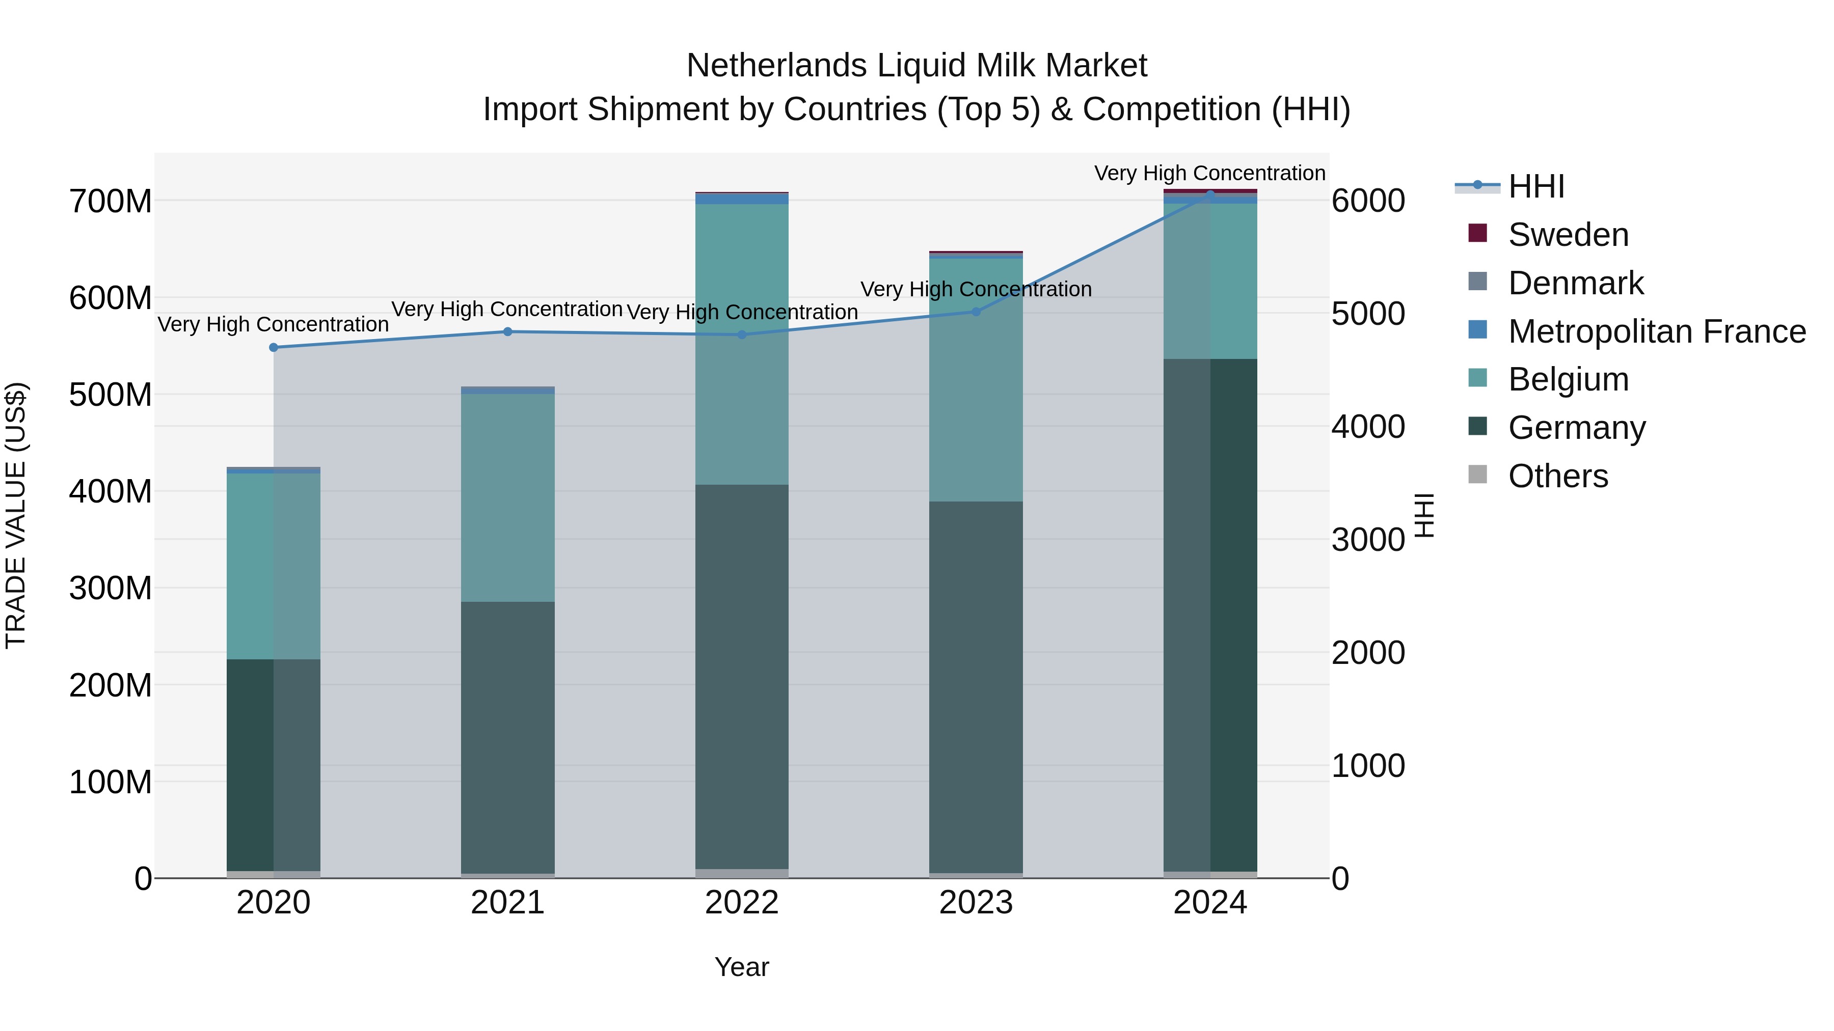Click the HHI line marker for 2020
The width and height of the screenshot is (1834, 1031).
(x=274, y=347)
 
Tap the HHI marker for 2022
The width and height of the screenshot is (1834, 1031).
(x=742, y=335)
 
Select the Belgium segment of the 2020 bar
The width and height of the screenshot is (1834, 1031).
(x=274, y=566)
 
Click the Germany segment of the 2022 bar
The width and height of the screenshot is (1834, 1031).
(x=742, y=676)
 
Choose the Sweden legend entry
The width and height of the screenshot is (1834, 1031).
(x=1568, y=235)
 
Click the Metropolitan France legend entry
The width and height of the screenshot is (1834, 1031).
(x=1656, y=331)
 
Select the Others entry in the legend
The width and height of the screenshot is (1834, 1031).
(x=1558, y=476)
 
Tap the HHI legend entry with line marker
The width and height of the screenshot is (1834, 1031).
(x=1535, y=186)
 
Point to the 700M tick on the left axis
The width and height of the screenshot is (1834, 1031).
(x=111, y=201)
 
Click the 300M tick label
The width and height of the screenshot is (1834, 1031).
(x=111, y=589)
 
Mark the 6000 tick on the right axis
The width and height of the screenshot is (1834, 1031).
(x=1368, y=201)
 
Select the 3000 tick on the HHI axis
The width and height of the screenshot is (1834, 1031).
(x=1368, y=540)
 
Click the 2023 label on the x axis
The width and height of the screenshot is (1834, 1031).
(x=976, y=903)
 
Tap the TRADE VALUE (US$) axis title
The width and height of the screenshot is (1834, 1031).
(x=16, y=515)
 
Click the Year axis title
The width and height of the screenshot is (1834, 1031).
(x=742, y=967)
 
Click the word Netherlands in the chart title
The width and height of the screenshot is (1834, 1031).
(x=775, y=66)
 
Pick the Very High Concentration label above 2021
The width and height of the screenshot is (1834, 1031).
(x=507, y=309)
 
